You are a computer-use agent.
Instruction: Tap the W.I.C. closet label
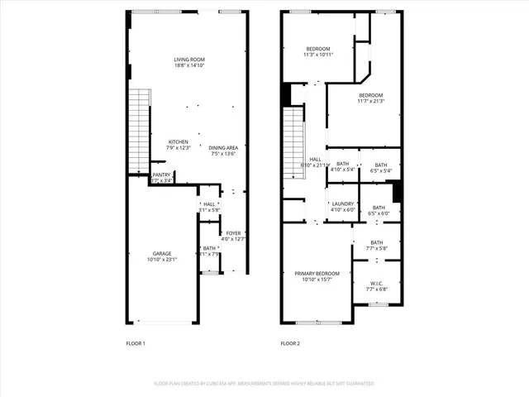pyautogui.click(x=376, y=286)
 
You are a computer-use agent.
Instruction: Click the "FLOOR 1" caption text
pyautogui.click(x=136, y=343)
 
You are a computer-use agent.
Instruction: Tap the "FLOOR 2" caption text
pyautogui.click(x=290, y=343)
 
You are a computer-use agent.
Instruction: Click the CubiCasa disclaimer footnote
pyautogui.click(x=264, y=384)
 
